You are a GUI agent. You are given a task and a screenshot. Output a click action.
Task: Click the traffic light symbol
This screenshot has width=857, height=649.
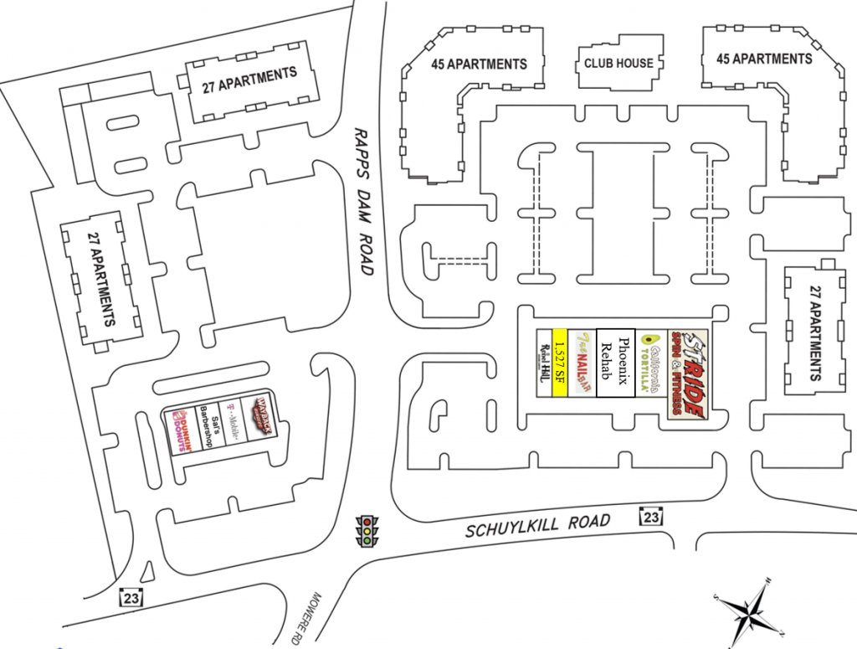(367, 531)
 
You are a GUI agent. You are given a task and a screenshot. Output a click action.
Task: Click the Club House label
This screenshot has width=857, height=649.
(618, 63)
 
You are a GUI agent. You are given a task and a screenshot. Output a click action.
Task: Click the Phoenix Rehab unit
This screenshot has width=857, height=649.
(616, 363)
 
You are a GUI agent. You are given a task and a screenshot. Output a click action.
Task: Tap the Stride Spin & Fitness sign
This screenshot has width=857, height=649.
(687, 373)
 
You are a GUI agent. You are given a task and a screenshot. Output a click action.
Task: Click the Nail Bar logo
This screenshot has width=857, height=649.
(583, 363)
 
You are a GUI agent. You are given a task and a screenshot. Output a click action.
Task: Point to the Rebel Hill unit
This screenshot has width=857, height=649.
(542, 363)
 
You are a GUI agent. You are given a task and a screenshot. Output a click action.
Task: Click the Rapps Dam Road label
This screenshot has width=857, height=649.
(363, 202)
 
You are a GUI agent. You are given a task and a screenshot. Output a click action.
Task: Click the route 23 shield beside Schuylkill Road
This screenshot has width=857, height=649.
(652, 517)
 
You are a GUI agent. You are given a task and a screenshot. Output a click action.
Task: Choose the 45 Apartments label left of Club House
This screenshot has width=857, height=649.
(479, 64)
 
